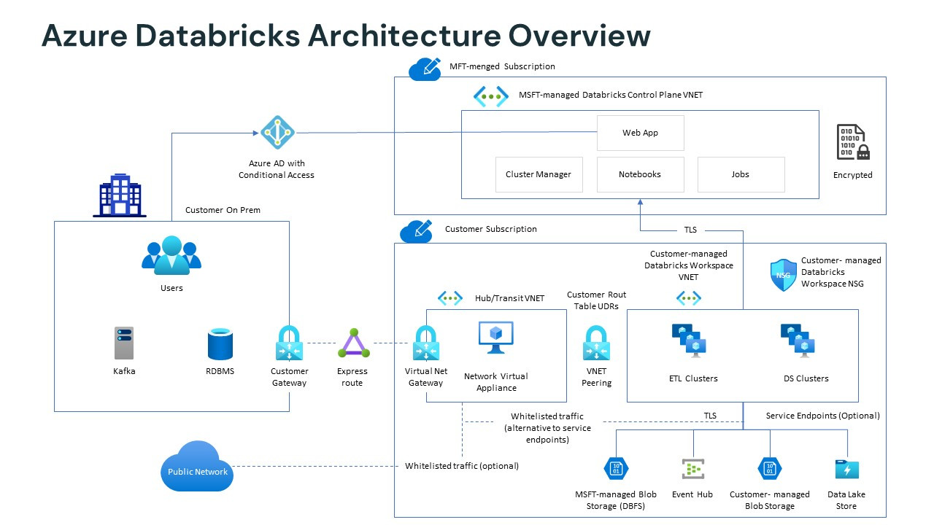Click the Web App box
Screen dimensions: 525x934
tap(640, 133)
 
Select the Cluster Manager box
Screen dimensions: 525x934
tap(539, 174)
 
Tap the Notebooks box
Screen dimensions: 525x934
tap(640, 174)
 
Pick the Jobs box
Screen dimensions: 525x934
tap(741, 174)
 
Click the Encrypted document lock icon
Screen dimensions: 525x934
tap(852, 142)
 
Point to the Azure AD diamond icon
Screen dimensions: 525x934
tap(277, 132)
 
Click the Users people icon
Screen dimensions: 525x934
tap(171, 256)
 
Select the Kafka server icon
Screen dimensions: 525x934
tap(124, 343)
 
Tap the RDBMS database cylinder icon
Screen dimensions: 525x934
tap(220, 343)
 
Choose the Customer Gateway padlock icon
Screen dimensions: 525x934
tap(290, 343)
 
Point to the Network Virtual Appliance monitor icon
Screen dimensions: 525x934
tap(496, 337)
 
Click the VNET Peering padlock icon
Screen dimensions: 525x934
tap(596, 343)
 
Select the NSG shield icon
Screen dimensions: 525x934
tap(783, 275)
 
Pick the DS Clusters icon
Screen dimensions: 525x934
tap(798, 341)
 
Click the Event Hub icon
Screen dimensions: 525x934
tap(692, 468)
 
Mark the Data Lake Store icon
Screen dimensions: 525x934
tap(846, 469)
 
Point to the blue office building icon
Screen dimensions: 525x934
tap(120, 195)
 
